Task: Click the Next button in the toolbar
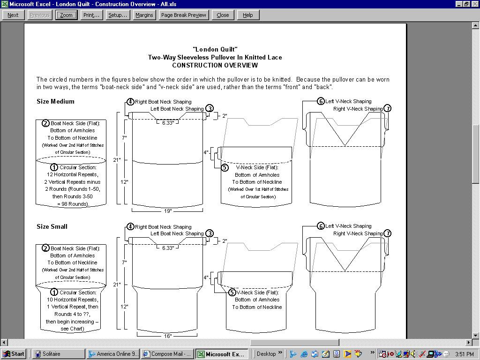(13, 15)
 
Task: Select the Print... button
(91, 15)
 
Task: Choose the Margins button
(144, 15)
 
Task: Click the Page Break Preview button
(183, 15)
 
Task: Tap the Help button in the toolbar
(248, 15)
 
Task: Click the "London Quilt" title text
(215, 49)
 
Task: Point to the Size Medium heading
(55, 101)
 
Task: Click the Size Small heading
(52, 226)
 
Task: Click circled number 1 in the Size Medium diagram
(54, 167)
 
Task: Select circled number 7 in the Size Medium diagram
(387, 109)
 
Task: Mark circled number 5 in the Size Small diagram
(232, 292)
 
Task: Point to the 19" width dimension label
(168, 210)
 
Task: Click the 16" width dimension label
(167, 336)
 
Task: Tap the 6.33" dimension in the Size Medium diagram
(168, 123)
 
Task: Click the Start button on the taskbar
(14, 354)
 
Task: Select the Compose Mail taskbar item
(167, 354)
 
